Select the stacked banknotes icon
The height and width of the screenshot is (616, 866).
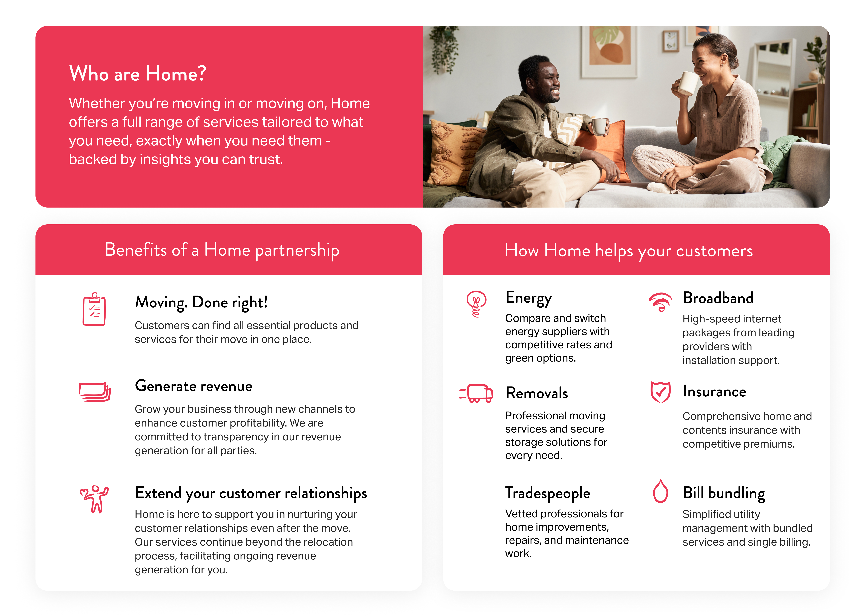click(94, 391)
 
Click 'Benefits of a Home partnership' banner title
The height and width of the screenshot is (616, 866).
click(222, 250)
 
